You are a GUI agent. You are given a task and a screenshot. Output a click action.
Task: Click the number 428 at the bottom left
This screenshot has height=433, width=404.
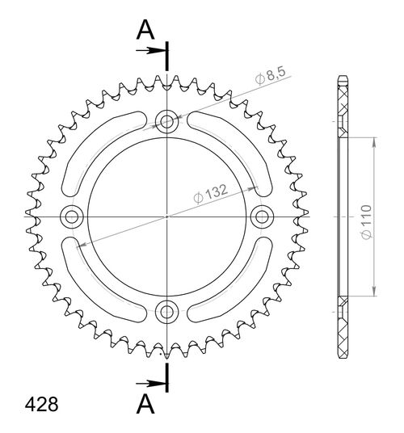pyautogui.click(x=40, y=404)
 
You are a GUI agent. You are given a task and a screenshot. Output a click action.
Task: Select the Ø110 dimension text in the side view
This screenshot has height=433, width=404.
pyautogui.click(x=364, y=219)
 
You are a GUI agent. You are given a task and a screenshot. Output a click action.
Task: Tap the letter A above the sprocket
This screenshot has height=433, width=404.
pyautogui.click(x=145, y=30)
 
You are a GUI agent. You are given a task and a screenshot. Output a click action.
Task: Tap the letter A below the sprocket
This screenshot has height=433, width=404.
pyautogui.click(x=145, y=402)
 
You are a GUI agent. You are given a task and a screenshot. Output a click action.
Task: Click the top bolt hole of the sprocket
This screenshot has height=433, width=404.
pyautogui.click(x=167, y=122)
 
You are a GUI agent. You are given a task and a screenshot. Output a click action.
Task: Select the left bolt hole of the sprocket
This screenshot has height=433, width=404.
pyautogui.click(x=74, y=216)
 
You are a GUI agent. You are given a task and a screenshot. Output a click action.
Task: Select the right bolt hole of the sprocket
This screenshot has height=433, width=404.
pyautogui.click(x=261, y=216)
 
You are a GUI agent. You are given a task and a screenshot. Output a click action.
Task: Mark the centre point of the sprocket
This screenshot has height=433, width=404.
pyautogui.click(x=167, y=216)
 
